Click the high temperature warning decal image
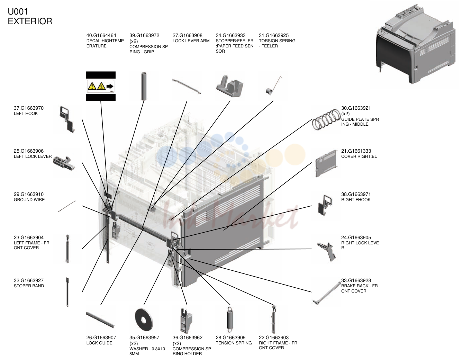(101, 86)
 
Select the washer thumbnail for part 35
(144, 319)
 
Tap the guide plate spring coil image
(326, 119)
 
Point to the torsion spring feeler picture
(274, 85)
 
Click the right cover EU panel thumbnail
(326, 163)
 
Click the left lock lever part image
(64, 163)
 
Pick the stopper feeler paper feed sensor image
(230, 86)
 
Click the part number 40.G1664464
(101, 35)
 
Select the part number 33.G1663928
(356, 280)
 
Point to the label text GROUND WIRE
(29, 200)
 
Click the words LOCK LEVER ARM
(191, 41)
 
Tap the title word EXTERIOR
(30, 21)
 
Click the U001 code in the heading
(18, 11)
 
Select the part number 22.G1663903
(274, 337)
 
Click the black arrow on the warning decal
(110, 86)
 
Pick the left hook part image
(67, 119)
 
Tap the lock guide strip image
(100, 320)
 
